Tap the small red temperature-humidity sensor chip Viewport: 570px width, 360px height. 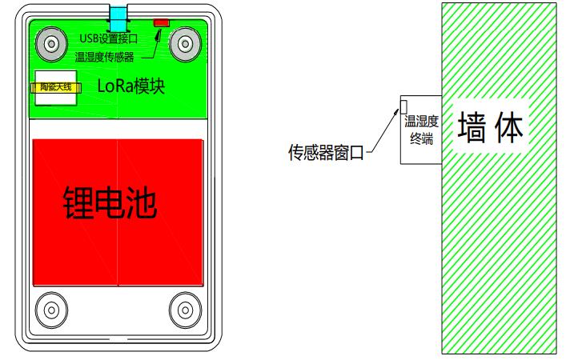point(162,23)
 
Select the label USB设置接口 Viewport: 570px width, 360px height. point(109,38)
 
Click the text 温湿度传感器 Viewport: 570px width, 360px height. point(105,57)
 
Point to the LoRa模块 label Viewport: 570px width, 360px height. point(130,86)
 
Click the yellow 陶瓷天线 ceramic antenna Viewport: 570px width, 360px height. point(56,87)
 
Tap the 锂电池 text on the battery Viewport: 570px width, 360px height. point(110,202)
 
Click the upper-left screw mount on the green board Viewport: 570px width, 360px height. point(51,44)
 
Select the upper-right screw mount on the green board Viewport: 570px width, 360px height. point(186,44)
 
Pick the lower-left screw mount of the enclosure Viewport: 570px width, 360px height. point(51,310)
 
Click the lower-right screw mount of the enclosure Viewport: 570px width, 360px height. point(186,310)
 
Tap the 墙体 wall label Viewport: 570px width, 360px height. point(491,126)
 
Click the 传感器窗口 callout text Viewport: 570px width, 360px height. point(326,153)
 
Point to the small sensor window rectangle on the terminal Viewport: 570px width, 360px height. point(403,106)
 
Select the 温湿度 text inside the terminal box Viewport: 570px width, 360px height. point(422,122)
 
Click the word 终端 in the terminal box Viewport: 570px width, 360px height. point(422,138)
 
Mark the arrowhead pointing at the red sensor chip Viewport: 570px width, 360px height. point(159,34)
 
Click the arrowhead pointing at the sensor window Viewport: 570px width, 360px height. point(397,111)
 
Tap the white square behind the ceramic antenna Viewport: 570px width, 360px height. point(55,88)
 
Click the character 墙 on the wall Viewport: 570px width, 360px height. point(472,126)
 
